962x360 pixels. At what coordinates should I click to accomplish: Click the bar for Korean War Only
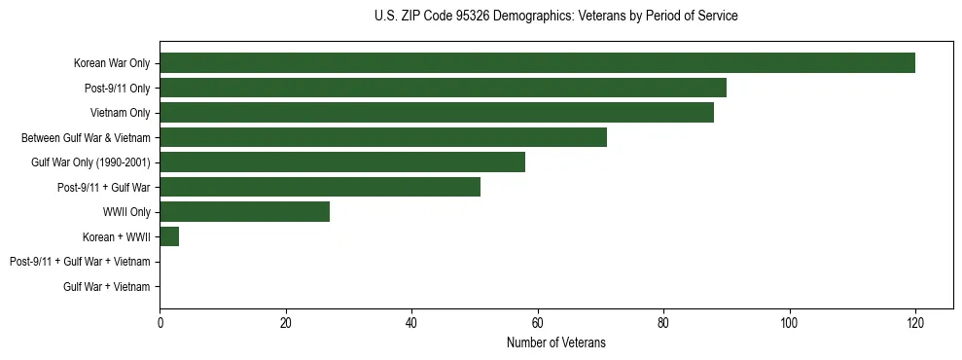point(537,63)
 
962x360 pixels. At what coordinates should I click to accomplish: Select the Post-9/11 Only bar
point(443,89)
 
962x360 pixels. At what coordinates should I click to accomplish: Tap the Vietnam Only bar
point(437,113)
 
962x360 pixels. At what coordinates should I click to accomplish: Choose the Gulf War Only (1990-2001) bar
point(342,162)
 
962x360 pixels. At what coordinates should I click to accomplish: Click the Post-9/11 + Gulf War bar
point(320,187)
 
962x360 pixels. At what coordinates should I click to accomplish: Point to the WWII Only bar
point(245,212)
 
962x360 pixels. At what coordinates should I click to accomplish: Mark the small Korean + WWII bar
point(169,236)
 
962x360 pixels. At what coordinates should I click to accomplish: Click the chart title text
point(555,17)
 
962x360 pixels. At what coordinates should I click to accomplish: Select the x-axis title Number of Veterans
point(555,342)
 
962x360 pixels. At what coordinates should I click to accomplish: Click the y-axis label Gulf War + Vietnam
point(107,286)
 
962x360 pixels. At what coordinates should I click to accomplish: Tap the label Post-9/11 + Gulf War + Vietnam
point(80,262)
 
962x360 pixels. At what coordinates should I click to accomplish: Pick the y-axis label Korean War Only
point(112,63)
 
